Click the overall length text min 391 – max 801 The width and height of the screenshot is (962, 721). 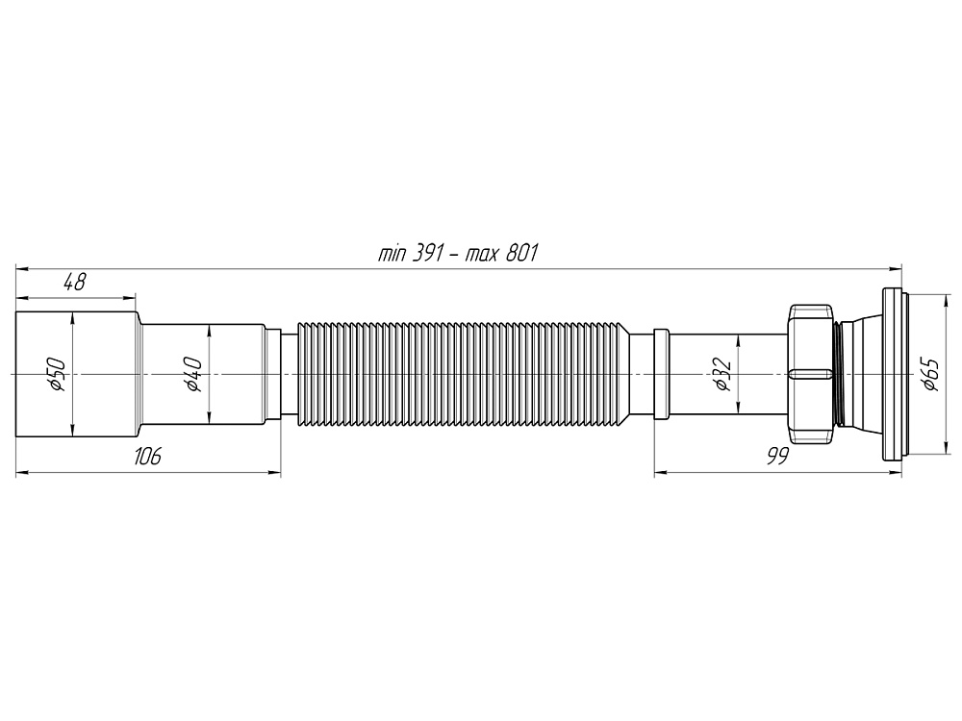457,255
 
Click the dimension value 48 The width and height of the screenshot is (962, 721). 74,282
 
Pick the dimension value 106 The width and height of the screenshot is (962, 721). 146,457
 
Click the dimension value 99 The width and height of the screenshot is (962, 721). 777,457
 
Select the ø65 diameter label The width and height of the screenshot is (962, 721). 928,373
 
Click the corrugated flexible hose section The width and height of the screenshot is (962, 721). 462,373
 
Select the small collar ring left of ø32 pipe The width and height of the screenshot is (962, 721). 661,373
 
